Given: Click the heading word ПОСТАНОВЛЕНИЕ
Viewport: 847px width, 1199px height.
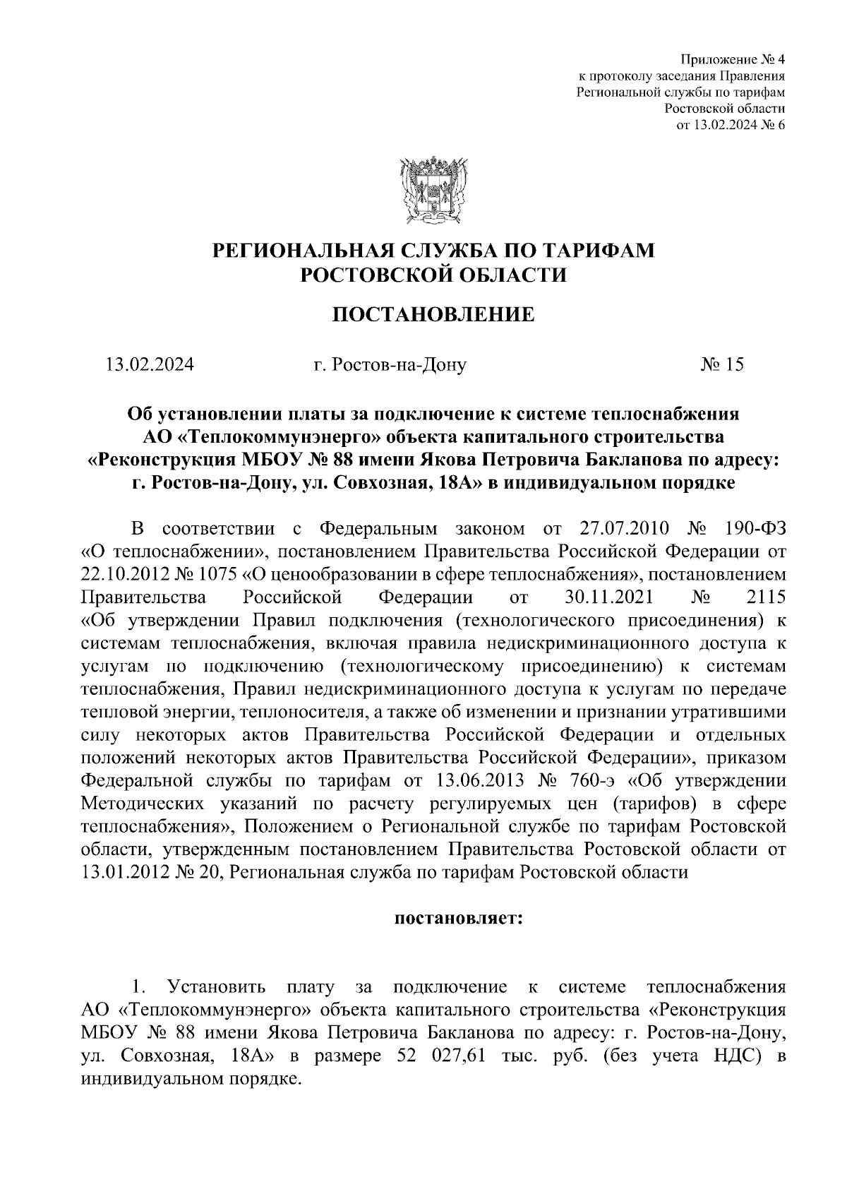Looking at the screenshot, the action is (433, 314).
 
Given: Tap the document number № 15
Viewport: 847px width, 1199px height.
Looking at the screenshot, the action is (721, 365).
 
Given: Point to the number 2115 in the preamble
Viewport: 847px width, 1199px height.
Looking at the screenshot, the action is (765, 597).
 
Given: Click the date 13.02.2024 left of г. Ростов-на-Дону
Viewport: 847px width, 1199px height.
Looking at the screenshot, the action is (150, 365).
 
